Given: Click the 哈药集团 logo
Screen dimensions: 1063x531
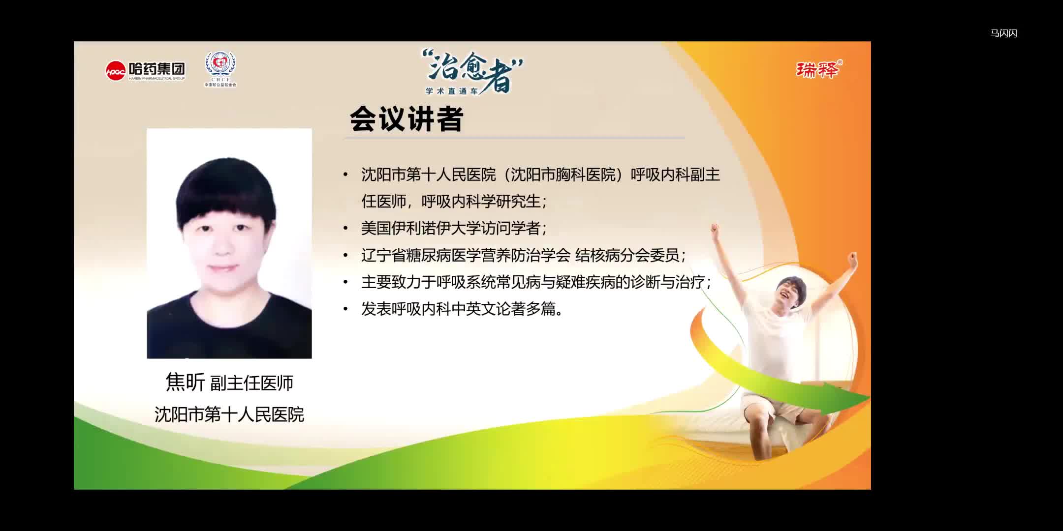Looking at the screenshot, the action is coord(146,71).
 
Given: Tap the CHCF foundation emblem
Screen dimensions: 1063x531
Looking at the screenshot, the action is coord(220,69).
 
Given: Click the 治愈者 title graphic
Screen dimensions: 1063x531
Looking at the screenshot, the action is coord(472,71).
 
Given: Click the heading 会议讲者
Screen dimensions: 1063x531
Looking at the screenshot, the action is coord(406,119).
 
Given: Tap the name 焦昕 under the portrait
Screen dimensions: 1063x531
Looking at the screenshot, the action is coord(185,382).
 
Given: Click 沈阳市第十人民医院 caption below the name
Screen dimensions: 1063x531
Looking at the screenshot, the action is coord(229,414).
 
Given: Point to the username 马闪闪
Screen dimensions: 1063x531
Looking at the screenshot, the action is coord(1003,33).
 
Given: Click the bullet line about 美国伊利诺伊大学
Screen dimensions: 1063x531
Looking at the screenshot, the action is coord(454,228).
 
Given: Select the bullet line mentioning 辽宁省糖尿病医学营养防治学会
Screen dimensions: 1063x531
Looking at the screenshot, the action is coord(524,255).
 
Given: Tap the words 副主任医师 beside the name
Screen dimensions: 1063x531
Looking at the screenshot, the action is coord(252,383).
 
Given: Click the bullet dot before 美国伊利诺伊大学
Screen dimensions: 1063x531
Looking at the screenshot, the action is coord(345,229).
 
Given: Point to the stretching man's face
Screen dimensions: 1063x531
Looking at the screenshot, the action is coord(790,292).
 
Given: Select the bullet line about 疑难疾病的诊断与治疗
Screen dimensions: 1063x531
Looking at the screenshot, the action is coord(536,282).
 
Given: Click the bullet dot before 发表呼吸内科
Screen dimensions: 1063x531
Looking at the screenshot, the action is coord(345,309).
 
